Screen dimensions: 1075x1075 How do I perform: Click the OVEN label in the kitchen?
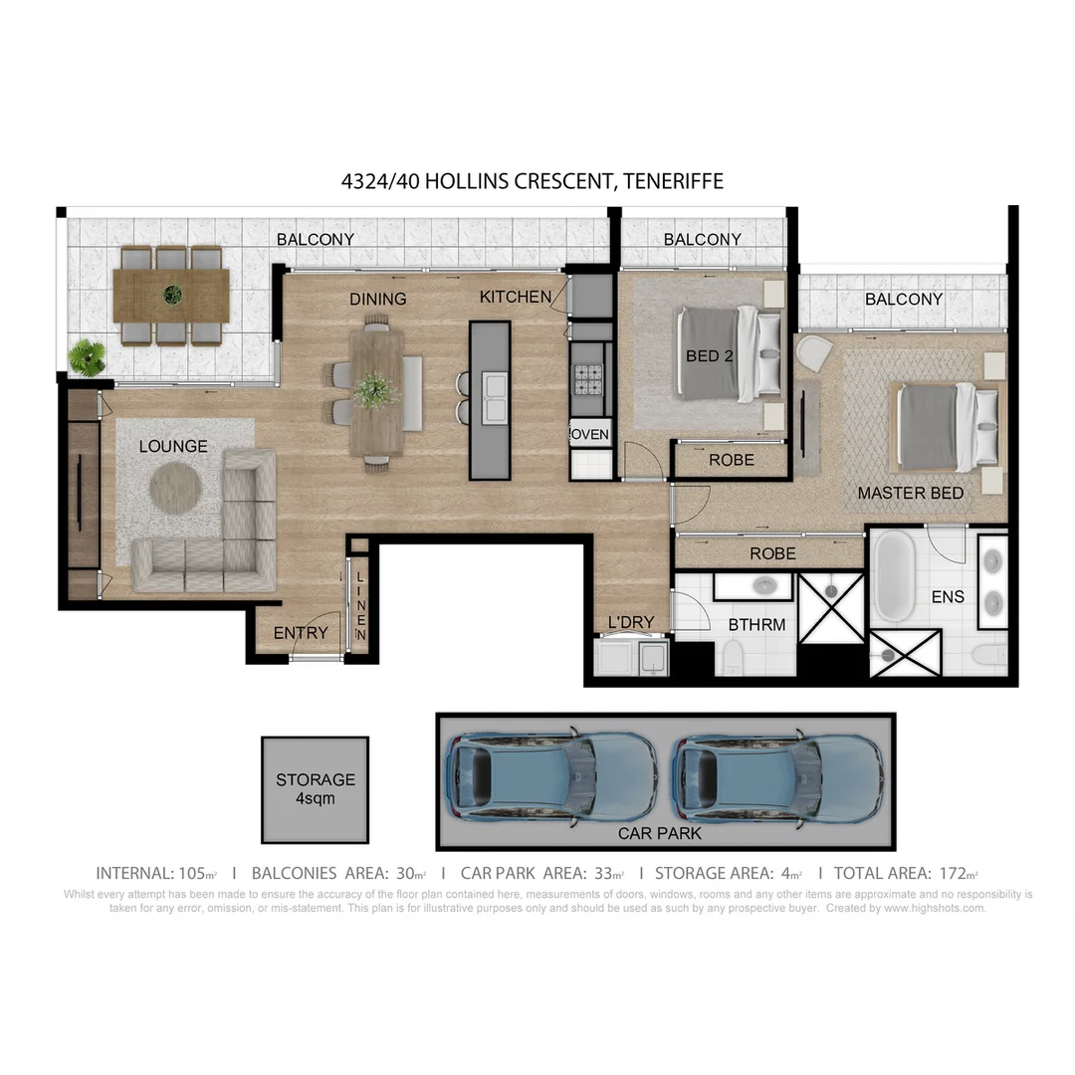coord(590,434)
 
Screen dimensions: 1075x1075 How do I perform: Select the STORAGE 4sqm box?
coord(315,789)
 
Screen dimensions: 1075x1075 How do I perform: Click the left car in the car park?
coord(549,776)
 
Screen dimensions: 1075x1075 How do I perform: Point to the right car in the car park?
coord(776,776)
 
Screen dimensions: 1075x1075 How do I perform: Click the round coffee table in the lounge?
coord(176,489)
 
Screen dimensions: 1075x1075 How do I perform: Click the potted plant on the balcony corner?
coord(88,356)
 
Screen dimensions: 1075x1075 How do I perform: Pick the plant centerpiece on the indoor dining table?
coord(375,389)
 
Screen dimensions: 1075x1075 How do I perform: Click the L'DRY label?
coord(631,623)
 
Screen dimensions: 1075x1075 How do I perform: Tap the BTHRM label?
coord(756,625)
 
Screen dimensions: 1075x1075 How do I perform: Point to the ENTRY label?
coord(301,633)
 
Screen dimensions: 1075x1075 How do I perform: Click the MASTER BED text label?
coord(910,493)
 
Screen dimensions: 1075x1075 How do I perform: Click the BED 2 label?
coord(709,355)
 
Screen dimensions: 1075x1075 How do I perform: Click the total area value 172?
coord(953,873)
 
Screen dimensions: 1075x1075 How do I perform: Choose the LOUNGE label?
coord(173,446)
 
